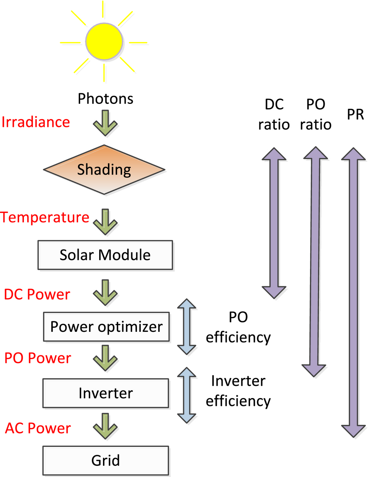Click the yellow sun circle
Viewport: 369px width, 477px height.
(104, 42)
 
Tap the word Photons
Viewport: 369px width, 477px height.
(105, 99)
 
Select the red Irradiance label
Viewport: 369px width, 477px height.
(36, 122)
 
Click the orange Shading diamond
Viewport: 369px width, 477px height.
(104, 170)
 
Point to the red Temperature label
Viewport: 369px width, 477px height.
(45, 218)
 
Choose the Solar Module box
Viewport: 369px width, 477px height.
(105, 255)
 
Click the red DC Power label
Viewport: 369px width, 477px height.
(37, 294)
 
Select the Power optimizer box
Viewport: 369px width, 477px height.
(106, 327)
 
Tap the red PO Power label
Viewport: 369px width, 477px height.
(38, 358)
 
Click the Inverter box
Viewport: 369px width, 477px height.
(106, 393)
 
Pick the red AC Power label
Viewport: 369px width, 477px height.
(38, 429)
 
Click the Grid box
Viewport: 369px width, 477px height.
(106, 460)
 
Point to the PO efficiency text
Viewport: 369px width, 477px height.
(238, 327)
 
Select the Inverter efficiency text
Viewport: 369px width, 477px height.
(238, 391)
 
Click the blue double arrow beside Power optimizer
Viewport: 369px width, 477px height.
(187, 327)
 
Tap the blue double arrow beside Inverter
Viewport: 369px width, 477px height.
(187, 395)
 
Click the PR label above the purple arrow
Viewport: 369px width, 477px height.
(355, 115)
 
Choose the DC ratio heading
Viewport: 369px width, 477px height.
(274, 114)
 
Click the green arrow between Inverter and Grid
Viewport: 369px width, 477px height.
(105, 426)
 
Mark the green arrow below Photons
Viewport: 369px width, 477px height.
(105, 123)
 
